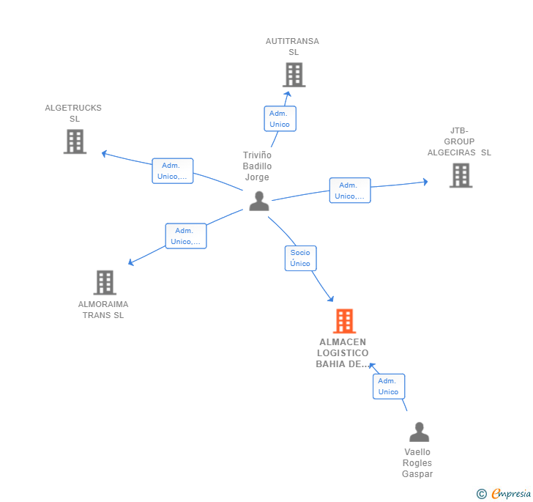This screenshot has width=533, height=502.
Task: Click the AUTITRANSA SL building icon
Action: (x=294, y=75)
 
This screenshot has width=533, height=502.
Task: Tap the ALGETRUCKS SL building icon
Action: (x=75, y=141)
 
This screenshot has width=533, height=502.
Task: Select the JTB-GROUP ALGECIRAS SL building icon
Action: (x=461, y=175)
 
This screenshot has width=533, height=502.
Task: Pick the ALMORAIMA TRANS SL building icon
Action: (x=105, y=282)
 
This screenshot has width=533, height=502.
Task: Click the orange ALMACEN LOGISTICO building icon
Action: (x=344, y=321)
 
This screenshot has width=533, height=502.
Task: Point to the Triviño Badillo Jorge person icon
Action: (x=258, y=201)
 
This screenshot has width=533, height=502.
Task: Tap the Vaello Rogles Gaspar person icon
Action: (x=419, y=432)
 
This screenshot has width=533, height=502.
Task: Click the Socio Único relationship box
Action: (x=300, y=258)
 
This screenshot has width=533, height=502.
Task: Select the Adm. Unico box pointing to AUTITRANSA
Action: (x=280, y=119)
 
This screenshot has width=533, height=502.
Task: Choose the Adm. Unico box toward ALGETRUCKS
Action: (x=173, y=171)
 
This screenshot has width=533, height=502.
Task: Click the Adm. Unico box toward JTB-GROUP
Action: (x=350, y=191)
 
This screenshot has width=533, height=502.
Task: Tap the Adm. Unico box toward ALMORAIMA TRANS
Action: (x=186, y=236)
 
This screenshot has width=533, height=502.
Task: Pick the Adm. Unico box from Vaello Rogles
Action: (x=388, y=386)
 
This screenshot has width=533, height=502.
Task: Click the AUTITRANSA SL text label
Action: (x=293, y=47)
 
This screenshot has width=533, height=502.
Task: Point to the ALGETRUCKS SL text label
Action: (x=73, y=114)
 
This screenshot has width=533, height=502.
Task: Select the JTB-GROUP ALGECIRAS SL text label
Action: (x=460, y=141)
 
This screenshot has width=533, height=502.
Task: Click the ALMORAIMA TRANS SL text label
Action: (x=103, y=309)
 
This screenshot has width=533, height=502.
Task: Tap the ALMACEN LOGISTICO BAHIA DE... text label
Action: (x=343, y=352)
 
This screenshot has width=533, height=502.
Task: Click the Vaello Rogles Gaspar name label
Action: (x=417, y=463)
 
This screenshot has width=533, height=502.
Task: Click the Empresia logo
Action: (x=505, y=494)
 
